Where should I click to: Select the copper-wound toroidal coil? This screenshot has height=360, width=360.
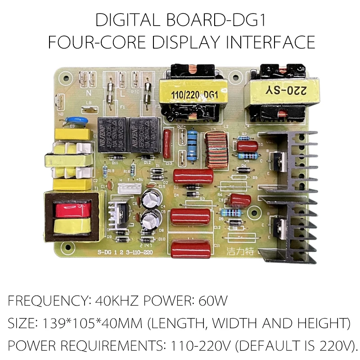coord(216,149)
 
